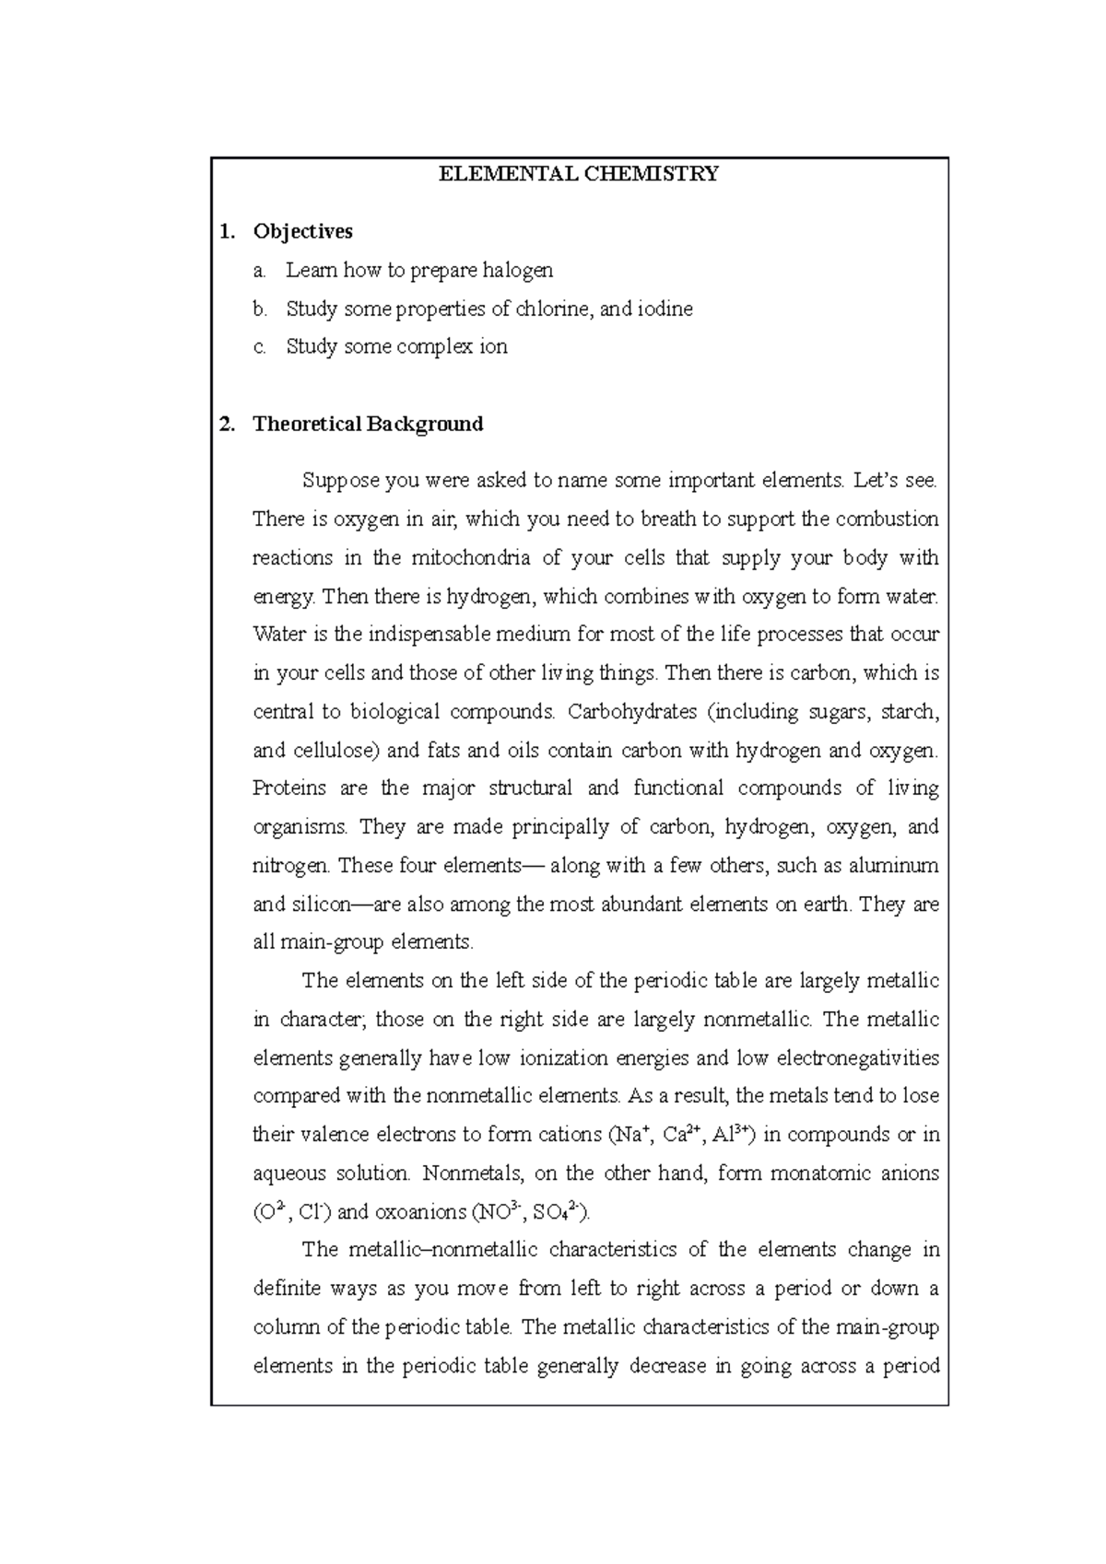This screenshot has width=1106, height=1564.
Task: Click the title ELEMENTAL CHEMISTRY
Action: [x=579, y=174]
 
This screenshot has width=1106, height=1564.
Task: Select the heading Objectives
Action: [x=302, y=231]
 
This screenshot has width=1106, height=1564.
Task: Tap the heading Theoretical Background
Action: [x=368, y=424]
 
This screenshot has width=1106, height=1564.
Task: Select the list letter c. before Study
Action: [x=260, y=347]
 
